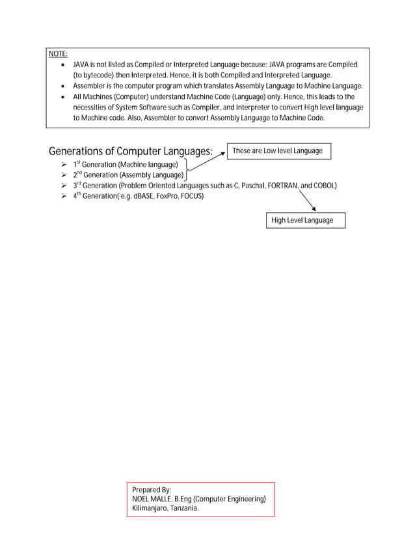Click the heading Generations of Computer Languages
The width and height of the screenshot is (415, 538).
click(x=131, y=152)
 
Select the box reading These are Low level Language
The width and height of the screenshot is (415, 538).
click(x=278, y=151)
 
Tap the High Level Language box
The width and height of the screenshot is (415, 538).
click(x=302, y=220)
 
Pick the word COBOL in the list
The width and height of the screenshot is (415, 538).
click(x=323, y=186)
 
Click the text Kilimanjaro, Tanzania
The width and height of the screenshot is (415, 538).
click(x=165, y=509)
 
